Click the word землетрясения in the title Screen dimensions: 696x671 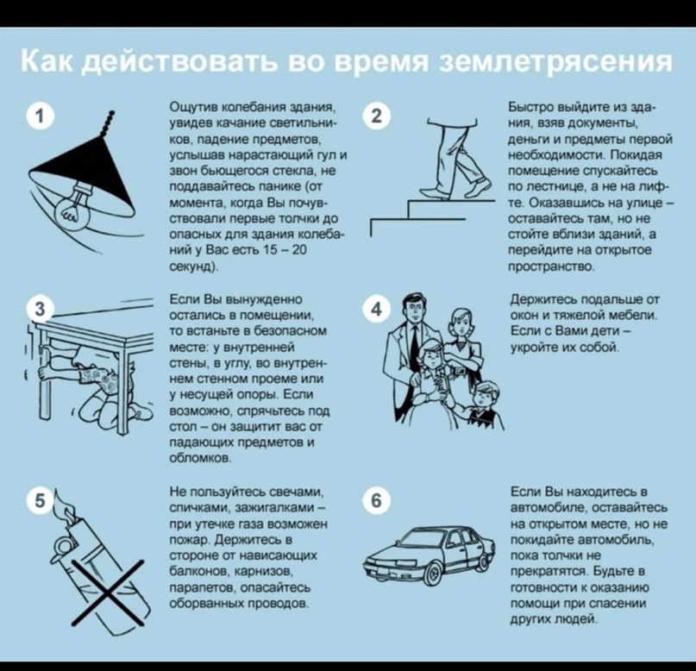pos(555,61)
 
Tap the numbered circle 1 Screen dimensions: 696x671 pos(41,116)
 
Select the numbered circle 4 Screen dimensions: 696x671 pos(376,310)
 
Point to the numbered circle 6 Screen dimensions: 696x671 pos(376,501)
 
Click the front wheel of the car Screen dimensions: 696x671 pos(435,574)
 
